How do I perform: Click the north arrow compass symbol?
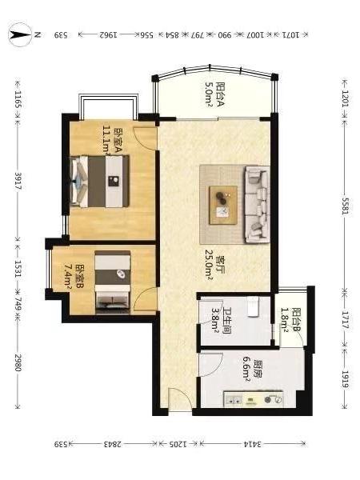pyautogui.click(x=20, y=34)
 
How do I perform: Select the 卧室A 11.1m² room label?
pyautogui.click(x=112, y=141)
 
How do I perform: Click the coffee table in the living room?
pyautogui.click(x=223, y=205)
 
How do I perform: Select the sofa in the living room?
pyautogui.click(x=257, y=204)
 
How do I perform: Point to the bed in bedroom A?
pyautogui.click(x=100, y=182)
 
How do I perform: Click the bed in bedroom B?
pyautogui.click(x=112, y=282)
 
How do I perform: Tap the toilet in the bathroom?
pyautogui.click(x=254, y=306)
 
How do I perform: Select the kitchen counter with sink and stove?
pyautogui.click(x=254, y=399)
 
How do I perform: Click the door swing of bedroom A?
pyautogui.click(x=144, y=138)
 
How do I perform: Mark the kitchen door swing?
pyautogui.click(x=210, y=365)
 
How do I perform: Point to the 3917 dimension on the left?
pyautogui.click(x=18, y=181)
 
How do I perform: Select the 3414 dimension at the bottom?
pyautogui.click(x=253, y=444)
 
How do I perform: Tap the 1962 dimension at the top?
pyautogui.click(x=108, y=35)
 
